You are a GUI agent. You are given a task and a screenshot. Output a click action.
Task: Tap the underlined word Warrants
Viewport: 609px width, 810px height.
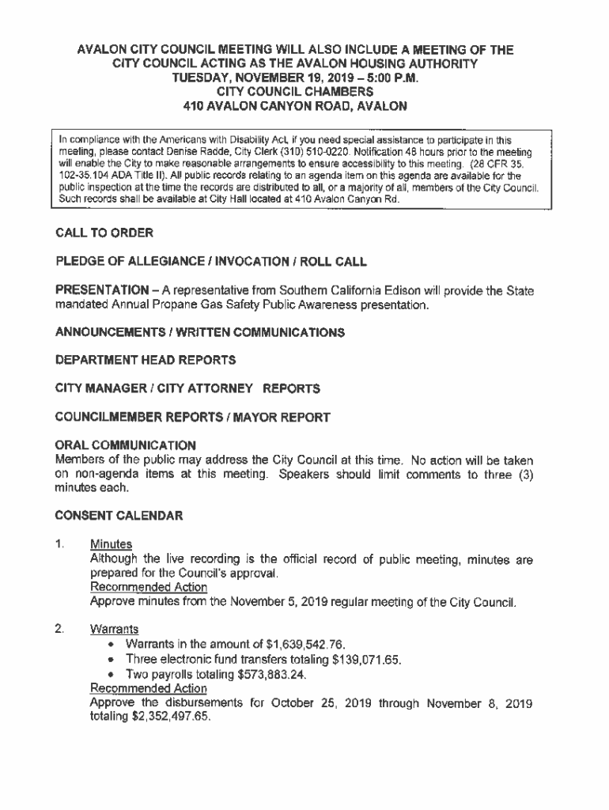coord(115,630)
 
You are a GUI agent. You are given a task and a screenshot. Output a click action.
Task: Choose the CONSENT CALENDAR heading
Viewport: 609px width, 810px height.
coord(119,516)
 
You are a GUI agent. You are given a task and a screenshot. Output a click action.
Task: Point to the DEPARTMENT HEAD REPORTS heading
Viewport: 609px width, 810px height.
coord(146,361)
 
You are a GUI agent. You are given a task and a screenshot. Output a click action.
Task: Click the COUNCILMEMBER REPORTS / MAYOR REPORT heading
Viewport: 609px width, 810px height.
coord(193,416)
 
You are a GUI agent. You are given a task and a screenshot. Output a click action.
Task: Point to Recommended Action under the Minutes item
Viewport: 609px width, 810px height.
coord(149,588)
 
